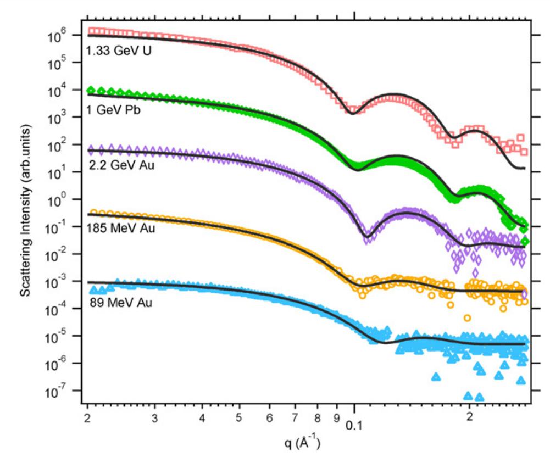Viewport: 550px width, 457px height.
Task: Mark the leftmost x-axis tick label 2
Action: pos(88,423)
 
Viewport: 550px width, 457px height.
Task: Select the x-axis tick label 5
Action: pos(239,423)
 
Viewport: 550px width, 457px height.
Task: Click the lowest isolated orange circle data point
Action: pos(467,317)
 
